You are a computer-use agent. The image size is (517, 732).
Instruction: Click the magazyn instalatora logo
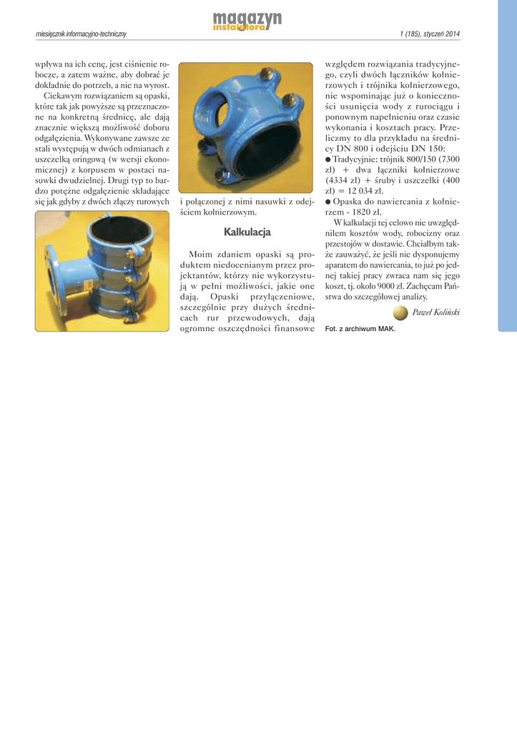coord(247,21)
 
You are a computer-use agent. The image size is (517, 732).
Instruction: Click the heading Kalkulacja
coord(247,232)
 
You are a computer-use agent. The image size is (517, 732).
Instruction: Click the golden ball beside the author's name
coord(400,312)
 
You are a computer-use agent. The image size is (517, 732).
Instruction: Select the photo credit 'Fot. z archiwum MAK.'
coord(360,329)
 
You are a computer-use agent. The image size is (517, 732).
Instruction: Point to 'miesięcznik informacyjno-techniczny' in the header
coord(81,35)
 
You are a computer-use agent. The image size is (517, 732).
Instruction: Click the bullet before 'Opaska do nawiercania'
coord(328,202)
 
